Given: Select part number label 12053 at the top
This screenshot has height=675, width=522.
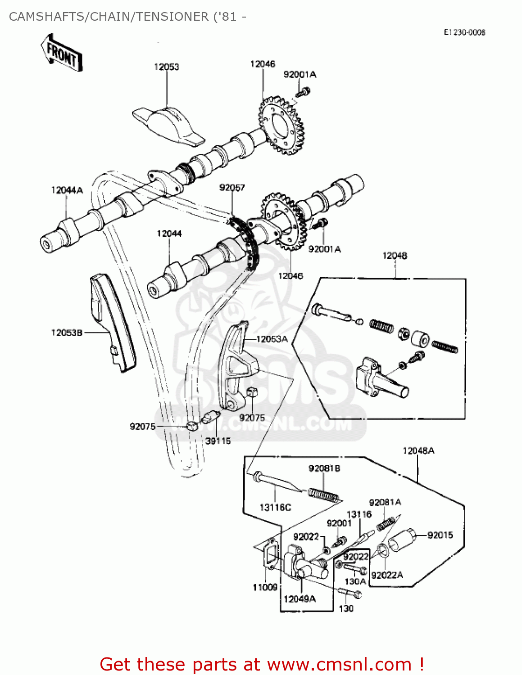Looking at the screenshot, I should click(x=167, y=67).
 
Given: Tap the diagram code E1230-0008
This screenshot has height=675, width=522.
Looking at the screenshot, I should click(x=464, y=32).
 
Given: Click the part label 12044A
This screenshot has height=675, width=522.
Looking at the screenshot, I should click(x=67, y=190).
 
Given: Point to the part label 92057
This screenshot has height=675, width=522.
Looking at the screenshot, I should click(x=232, y=187).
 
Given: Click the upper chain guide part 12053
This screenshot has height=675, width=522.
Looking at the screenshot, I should click(x=168, y=126).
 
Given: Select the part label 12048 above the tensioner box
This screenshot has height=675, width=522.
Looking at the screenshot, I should click(x=395, y=256).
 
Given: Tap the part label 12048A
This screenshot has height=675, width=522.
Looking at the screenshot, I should click(x=418, y=450).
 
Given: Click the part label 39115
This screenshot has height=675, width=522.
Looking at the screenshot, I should click(x=218, y=441).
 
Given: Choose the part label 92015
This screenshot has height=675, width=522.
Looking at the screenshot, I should click(x=440, y=535).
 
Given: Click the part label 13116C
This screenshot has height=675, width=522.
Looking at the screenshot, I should click(x=275, y=507).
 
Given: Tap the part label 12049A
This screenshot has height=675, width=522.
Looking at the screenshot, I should click(x=300, y=598).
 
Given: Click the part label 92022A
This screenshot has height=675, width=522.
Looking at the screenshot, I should click(x=387, y=575).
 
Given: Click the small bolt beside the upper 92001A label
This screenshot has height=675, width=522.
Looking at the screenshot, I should click(x=303, y=93).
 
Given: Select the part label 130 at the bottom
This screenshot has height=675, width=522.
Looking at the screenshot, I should click(x=346, y=608).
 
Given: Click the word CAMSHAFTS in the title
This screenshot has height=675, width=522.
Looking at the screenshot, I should click(x=47, y=17).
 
